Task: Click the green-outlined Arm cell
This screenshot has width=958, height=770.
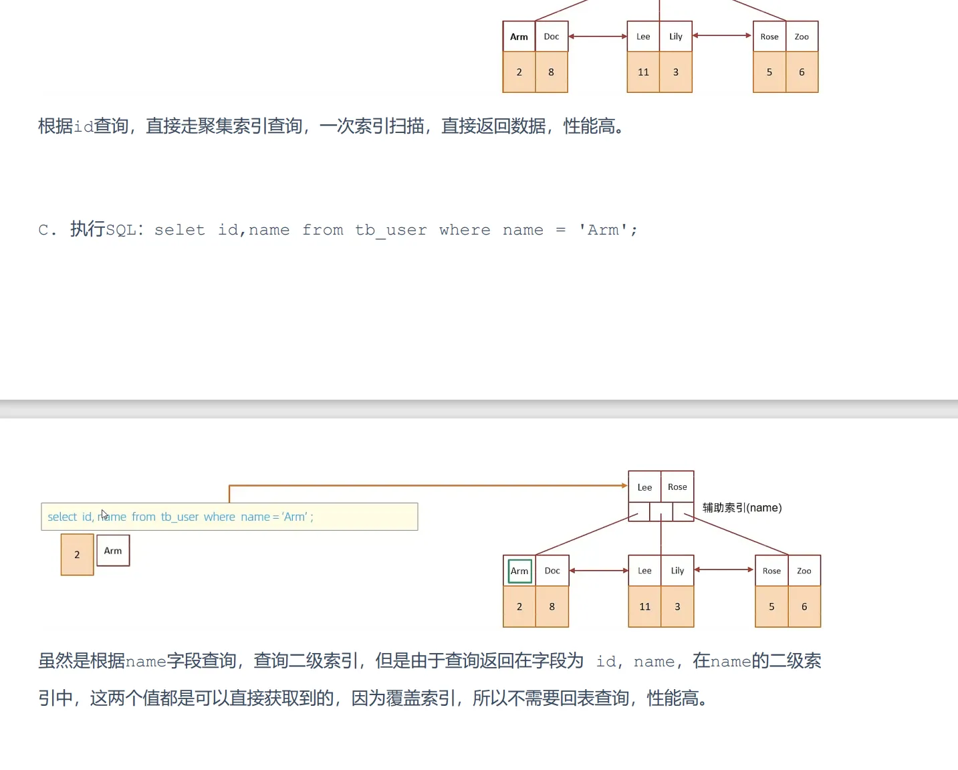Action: [x=519, y=571]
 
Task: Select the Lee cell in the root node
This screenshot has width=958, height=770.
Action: [x=644, y=487]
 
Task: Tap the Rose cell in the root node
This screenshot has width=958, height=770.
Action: [x=677, y=487]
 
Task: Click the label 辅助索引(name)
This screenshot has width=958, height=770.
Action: [x=742, y=508]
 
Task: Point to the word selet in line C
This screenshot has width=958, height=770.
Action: [x=180, y=231]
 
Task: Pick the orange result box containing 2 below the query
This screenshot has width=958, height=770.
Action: [x=77, y=555]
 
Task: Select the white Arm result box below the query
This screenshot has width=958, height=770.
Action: [x=113, y=551]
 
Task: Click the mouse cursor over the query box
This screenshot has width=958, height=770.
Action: [x=104, y=515]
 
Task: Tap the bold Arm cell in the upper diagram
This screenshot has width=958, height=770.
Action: [x=519, y=37]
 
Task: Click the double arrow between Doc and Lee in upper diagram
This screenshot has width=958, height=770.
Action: [x=598, y=37]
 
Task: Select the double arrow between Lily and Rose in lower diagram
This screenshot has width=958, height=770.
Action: [x=724, y=570]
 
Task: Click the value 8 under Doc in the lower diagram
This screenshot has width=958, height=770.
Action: [x=552, y=607]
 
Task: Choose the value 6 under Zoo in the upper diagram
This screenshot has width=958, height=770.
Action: [x=802, y=72]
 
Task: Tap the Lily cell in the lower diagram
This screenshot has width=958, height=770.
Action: [x=677, y=571]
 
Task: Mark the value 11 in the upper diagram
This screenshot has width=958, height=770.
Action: [x=643, y=72]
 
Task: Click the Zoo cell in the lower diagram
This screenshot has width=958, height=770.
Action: [x=804, y=571]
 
